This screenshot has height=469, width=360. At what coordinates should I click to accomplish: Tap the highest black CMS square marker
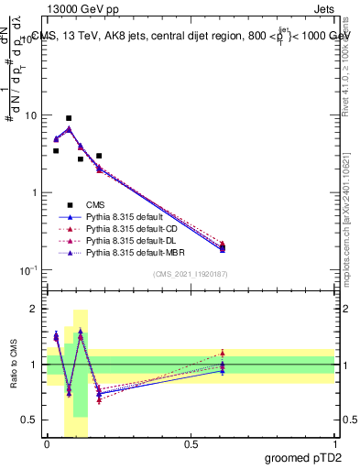[69, 118]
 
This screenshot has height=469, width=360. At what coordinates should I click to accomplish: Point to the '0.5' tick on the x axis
[191, 443]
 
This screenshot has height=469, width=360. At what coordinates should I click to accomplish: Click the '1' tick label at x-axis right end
[334, 443]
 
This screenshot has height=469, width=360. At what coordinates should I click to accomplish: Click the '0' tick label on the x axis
[47, 443]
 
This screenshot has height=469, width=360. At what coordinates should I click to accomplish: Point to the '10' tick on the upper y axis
[30, 116]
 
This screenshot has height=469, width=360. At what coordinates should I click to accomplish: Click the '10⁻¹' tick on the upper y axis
[27, 270]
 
